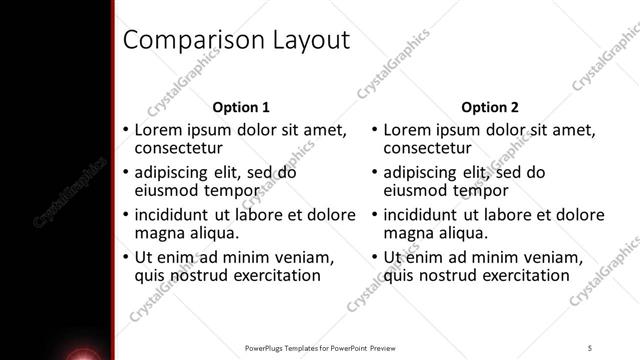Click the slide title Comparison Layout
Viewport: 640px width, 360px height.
tap(235, 41)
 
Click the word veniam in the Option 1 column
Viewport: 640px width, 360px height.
tap(297, 257)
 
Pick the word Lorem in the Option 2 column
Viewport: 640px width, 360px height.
tap(406, 130)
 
